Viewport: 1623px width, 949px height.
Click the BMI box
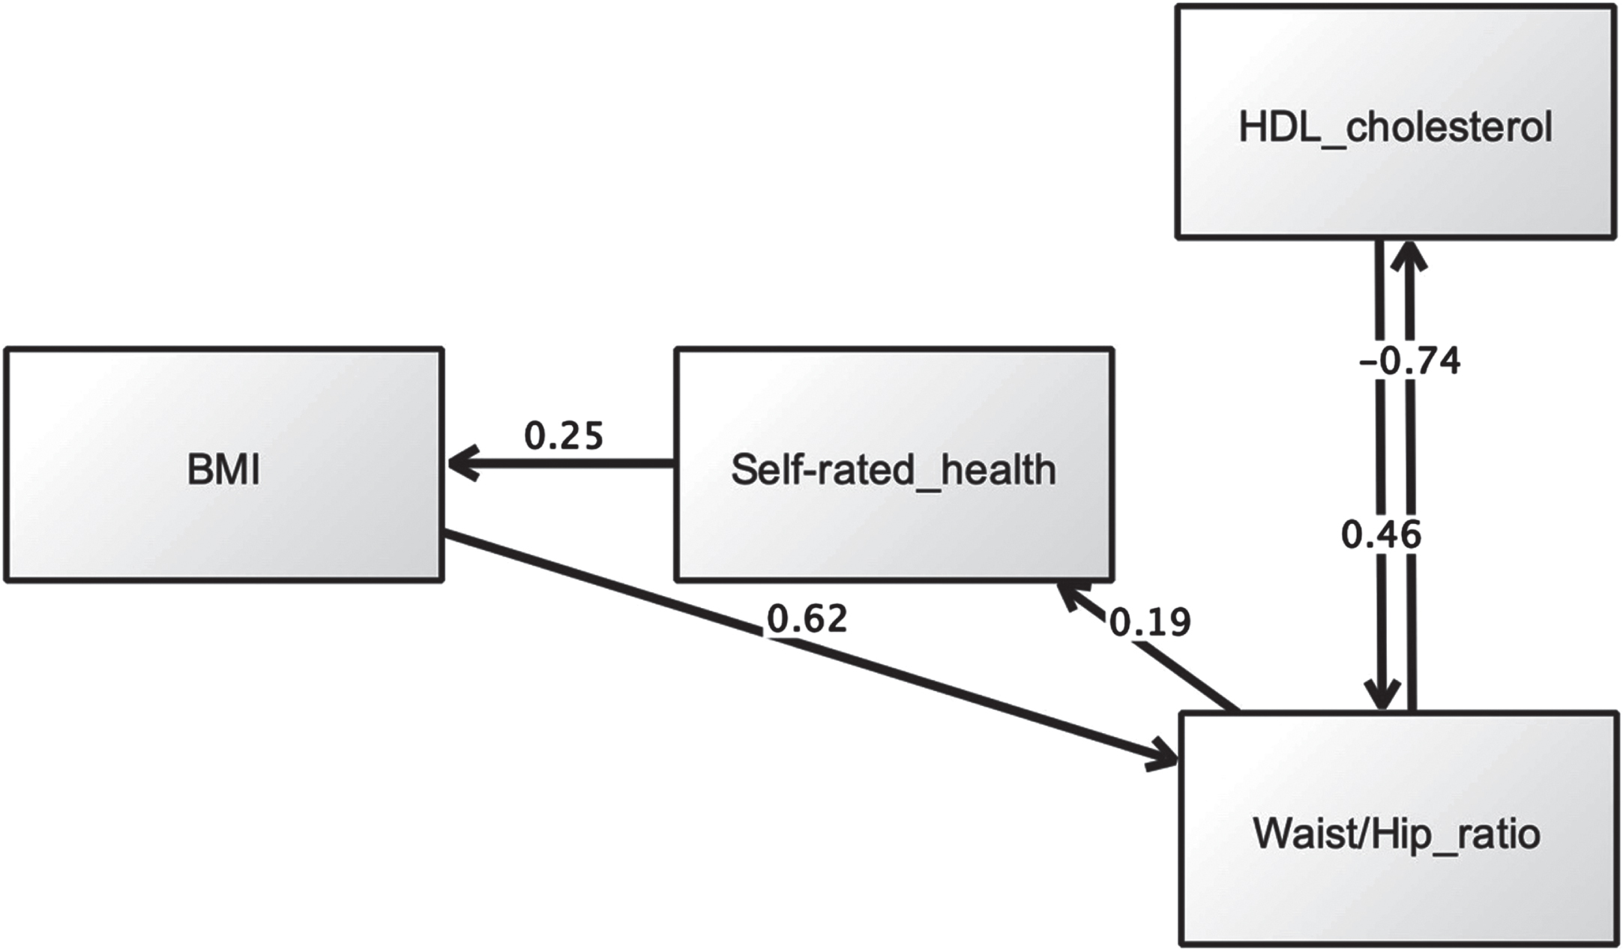(x=224, y=464)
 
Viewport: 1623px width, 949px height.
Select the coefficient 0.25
(x=564, y=436)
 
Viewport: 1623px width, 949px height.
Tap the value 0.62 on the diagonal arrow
(x=807, y=618)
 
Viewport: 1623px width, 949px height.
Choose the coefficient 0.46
(x=1381, y=535)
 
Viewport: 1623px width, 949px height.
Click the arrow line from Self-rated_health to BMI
(x=561, y=464)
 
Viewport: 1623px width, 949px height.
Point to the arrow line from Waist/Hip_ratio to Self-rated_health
(x=1147, y=647)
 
